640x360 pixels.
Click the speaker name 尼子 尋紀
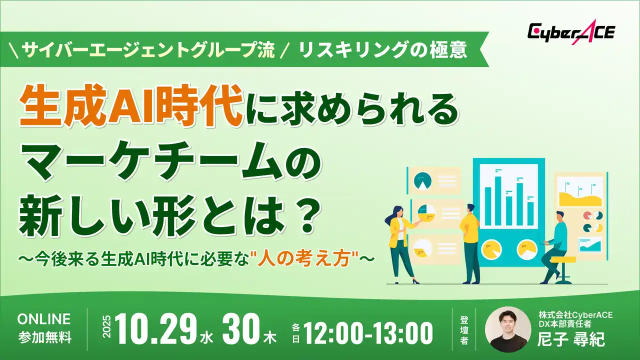click(x=571, y=340)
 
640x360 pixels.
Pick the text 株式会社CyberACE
click(x=575, y=315)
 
